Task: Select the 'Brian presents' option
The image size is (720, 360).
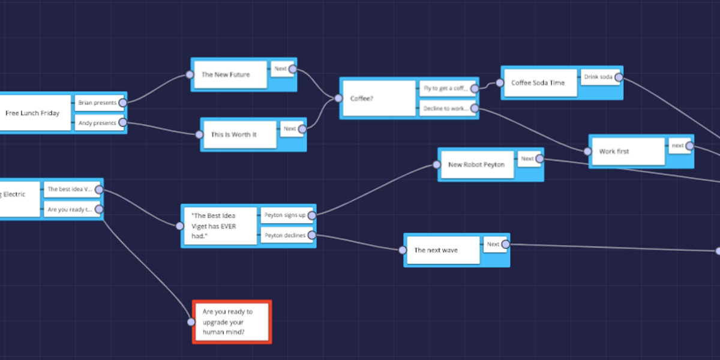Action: pyautogui.click(x=97, y=103)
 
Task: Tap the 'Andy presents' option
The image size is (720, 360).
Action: pyautogui.click(x=97, y=123)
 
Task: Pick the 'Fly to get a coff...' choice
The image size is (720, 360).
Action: pyautogui.click(x=444, y=88)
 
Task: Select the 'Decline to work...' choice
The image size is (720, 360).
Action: pyautogui.click(x=444, y=109)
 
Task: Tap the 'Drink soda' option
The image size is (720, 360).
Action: pyautogui.click(x=597, y=77)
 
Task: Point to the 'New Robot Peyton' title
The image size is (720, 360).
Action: pyautogui.click(x=476, y=164)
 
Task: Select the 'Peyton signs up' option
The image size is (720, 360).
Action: pyautogui.click(x=285, y=215)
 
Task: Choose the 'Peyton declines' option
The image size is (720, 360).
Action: pyautogui.click(x=285, y=235)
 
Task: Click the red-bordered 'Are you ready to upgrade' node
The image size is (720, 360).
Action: pyautogui.click(x=232, y=322)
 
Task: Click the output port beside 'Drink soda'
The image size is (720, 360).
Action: pyautogui.click(x=619, y=77)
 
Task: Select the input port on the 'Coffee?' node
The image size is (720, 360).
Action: pyautogui.click(x=338, y=98)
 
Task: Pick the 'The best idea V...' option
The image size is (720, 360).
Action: pyautogui.click(x=70, y=189)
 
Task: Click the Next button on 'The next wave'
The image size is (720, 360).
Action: pyautogui.click(x=493, y=244)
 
